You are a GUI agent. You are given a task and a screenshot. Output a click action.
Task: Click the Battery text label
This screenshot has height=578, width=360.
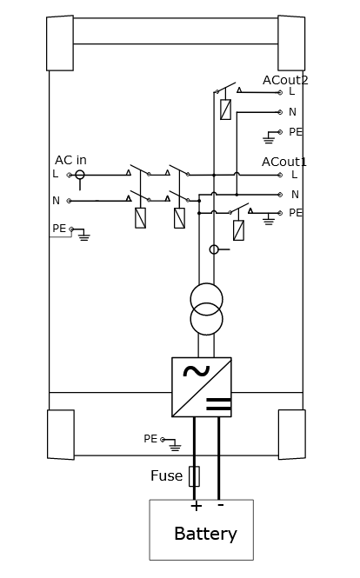pos(205,534)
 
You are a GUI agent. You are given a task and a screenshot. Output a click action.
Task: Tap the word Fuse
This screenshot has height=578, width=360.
pos(166,475)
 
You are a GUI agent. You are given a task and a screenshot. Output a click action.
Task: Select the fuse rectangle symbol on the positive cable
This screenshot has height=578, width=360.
pos(194,476)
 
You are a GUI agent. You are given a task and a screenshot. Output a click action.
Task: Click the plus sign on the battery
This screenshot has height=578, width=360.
pos(197,505)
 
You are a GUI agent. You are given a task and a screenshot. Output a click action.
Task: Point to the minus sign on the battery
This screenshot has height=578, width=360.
pos(221,504)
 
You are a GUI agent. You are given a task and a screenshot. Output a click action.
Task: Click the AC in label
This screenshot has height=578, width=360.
pos(70,160)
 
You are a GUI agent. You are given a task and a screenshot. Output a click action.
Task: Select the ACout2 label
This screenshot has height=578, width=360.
pos(285,80)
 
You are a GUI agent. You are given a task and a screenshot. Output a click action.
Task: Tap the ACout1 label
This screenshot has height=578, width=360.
pos(284,162)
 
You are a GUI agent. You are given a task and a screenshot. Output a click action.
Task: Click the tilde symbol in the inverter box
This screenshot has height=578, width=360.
pos(197,371)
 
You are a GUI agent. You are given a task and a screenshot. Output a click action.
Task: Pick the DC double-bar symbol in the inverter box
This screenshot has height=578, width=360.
pos(218,404)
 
